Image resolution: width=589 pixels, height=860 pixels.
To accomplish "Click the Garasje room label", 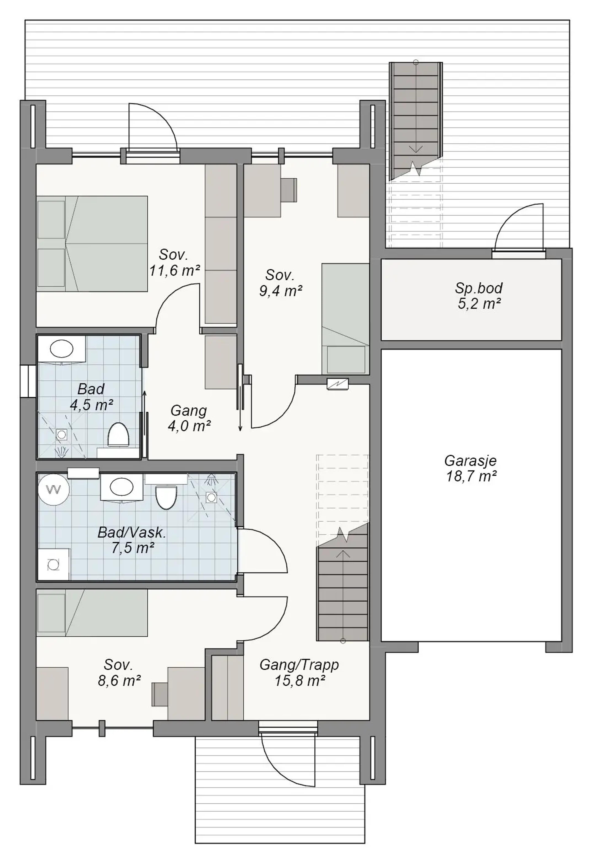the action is click(x=470, y=461).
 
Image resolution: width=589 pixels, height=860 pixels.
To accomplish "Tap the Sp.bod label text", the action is click(x=479, y=288).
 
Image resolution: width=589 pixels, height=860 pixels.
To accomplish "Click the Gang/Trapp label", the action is click(x=299, y=665).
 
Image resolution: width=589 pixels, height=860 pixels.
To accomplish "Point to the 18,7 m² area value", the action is click(x=471, y=477).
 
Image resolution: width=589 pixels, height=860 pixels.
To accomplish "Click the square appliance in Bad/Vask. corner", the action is click(x=54, y=564).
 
